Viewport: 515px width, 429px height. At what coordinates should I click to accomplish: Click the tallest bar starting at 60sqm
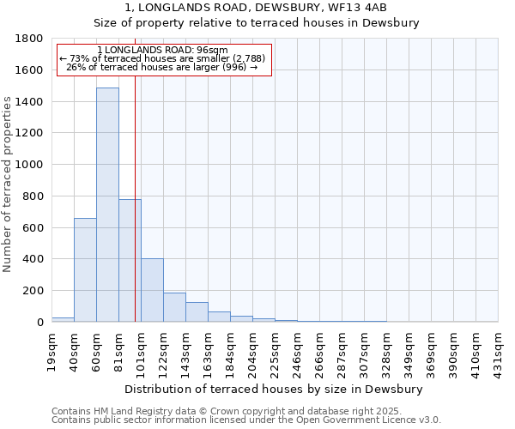click(107, 206)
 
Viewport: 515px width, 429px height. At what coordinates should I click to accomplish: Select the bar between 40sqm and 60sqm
click(85, 270)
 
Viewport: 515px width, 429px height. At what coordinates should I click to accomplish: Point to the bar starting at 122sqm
click(174, 307)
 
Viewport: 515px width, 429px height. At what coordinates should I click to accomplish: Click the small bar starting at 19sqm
click(63, 319)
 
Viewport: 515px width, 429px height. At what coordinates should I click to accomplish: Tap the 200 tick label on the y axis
click(33, 291)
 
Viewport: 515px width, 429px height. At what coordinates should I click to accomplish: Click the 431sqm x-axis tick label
click(499, 352)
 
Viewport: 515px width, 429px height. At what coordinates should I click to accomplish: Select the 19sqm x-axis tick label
click(52, 350)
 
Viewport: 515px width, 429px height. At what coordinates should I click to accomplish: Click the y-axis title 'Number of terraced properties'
click(8, 184)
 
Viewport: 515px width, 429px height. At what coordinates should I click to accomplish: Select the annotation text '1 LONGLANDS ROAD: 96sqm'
click(162, 51)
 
